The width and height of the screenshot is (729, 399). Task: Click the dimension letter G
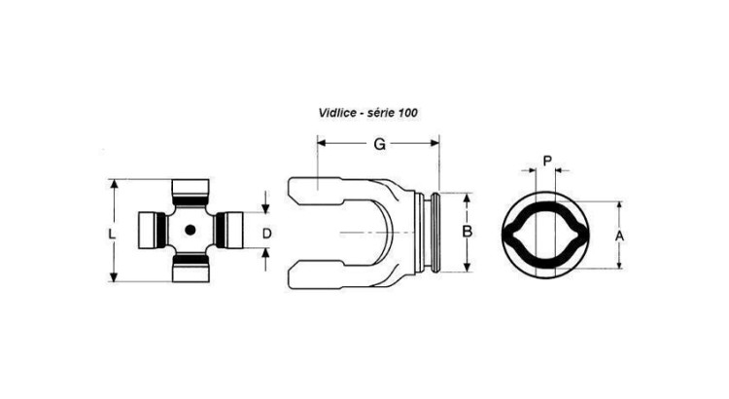pyautogui.click(x=380, y=144)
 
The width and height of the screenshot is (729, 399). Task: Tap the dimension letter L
pyautogui.click(x=112, y=235)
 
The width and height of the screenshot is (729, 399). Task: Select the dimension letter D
pyautogui.click(x=267, y=234)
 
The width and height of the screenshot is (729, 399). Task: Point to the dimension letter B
pyautogui.click(x=467, y=232)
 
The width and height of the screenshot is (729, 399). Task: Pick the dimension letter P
pyautogui.click(x=547, y=162)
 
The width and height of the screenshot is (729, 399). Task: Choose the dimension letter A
pyautogui.click(x=619, y=236)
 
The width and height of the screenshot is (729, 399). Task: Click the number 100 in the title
pyautogui.click(x=408, y=113)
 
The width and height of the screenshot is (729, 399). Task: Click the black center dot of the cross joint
pyautogui.click(x=190, y=230)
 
